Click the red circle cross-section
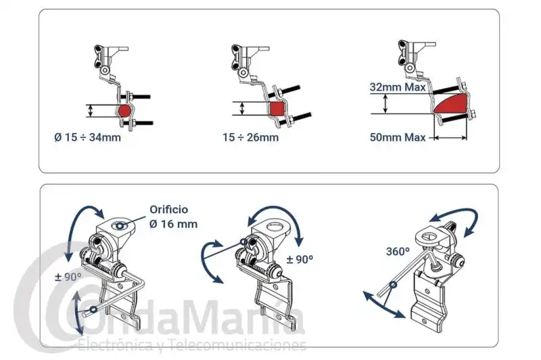pyautogui.click(x=124, y=111)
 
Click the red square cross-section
pyautogui.click(x=277, y=109)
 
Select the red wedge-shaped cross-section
pyautogui.click(x=451, y=104)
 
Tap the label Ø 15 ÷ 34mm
pyautogui.click(x=88, y=137)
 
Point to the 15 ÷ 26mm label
pyautogui.click(x=250, y=137)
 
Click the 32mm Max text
pyautogui.click(x=398, y=87)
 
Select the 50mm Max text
pyautogui.click(x=398, y=137)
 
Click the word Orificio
pyautogui.click(x=169, y=210)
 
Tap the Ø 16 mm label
pyautogui.click(x=174, y=224)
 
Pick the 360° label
pyautogui.click(x=398, y=251)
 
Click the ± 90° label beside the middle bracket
pyautogui.click(x=300, y=259)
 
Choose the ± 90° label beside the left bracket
pyautogui.click(x=68, y=277)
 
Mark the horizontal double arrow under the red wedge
pyautogui.click(x=450, y=138)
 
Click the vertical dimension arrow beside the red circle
pyautogui.click(x=91, y=111)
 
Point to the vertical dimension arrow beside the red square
pyautogui.click(x=242, y=108)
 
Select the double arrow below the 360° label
pyautogui.click(x=383, y=305)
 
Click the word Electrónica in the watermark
pyautogui.click(x=117, y=345)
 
